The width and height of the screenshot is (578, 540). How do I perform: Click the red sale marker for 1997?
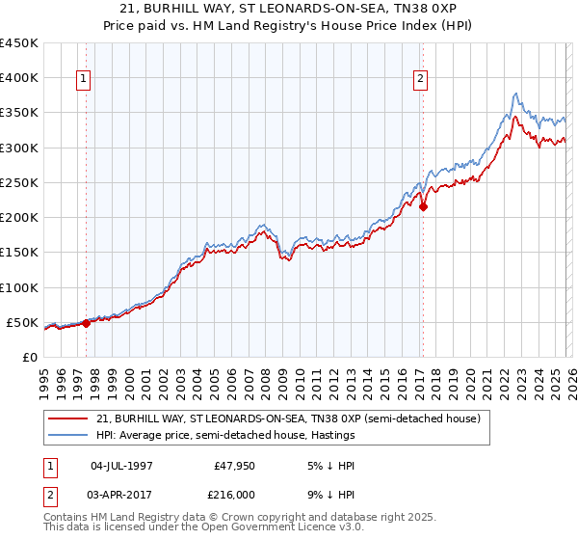point(86,323)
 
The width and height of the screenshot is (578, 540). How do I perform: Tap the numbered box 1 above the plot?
point(85,80)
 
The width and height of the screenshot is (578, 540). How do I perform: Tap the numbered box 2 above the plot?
point(421,80)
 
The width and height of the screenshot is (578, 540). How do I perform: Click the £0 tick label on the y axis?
point(29,357)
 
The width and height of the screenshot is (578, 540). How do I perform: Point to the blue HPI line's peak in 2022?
point(516,94)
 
